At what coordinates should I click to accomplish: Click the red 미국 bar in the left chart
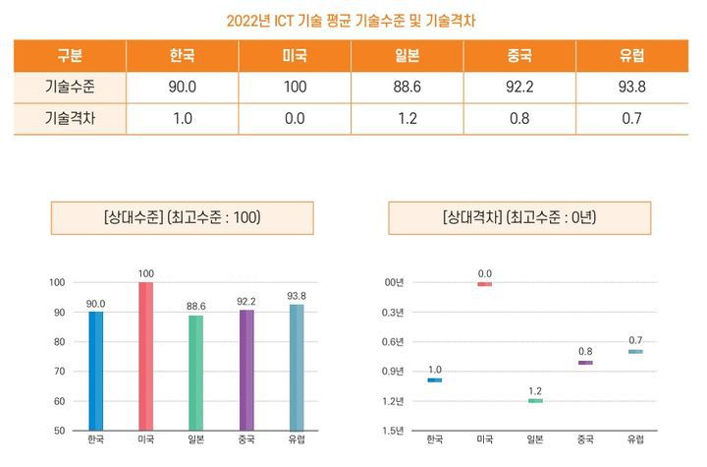pos(146,356)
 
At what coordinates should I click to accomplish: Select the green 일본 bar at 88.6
pos(196,373)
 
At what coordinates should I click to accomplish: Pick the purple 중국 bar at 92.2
pos(246,370)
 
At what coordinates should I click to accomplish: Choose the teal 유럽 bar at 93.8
pos(297,367)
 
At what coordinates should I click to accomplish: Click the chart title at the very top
pos(353,20)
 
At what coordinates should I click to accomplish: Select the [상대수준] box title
pos(182,218)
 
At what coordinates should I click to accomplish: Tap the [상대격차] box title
pos(519,218)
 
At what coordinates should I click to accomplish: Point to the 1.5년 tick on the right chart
pos(393,431)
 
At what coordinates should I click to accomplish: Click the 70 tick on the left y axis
pos(59,372)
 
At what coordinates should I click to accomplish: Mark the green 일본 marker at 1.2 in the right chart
pos(535,401)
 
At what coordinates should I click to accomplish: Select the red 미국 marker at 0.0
pos(484,284)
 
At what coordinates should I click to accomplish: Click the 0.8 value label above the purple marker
pos(585,351)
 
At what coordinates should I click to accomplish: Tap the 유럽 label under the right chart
pos(635,439)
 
